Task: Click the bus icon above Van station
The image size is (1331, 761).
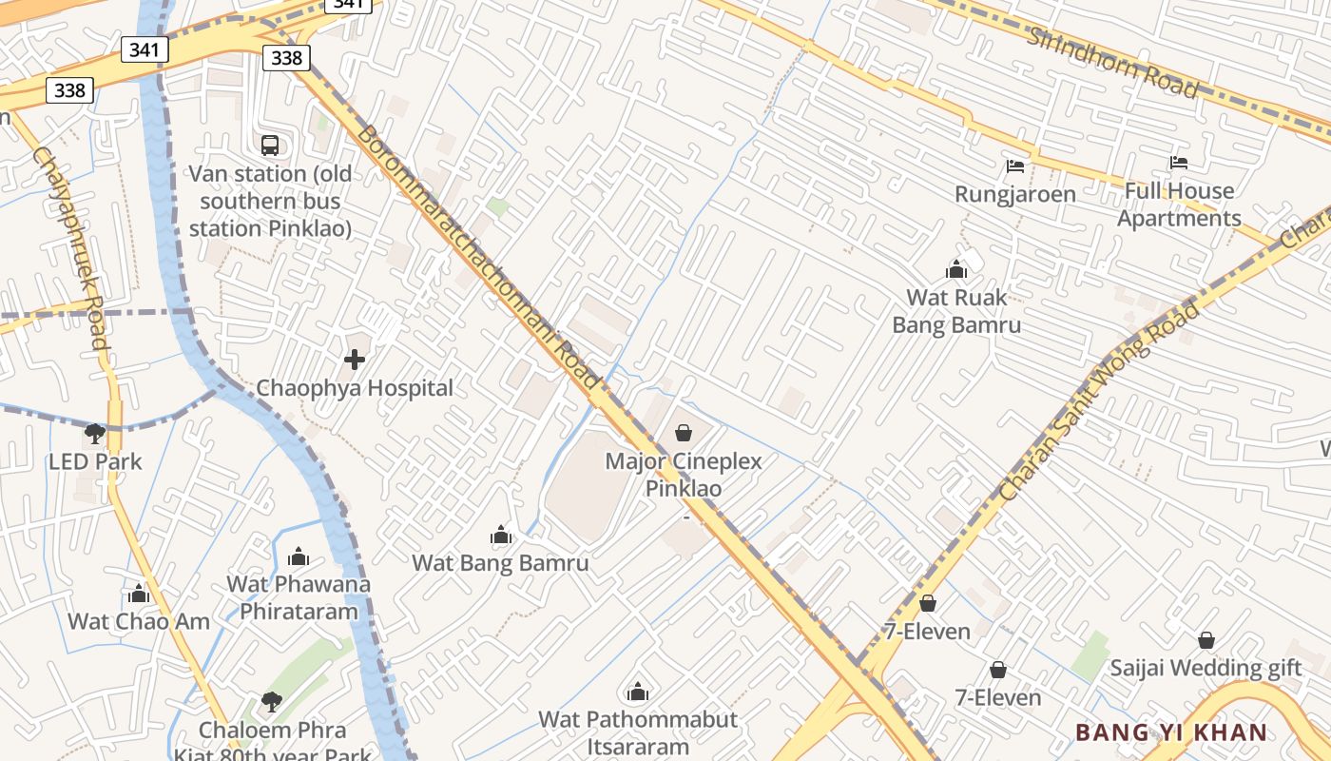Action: click(270, 146)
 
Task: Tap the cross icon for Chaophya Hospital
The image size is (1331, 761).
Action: click(355, 360)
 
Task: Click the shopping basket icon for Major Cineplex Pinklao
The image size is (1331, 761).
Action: click(684, 434)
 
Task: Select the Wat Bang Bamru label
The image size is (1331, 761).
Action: click(500, 562)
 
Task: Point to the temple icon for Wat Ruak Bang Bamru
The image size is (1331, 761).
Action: click(956, 270)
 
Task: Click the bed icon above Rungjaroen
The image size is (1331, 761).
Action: click(1015, 166)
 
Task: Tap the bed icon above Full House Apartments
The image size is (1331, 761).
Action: click(1179, 163)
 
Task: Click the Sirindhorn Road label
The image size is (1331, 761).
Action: click(1111, 62)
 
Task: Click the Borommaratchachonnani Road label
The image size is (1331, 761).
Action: click(479, 258)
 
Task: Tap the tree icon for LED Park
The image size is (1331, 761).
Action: click(94, 435)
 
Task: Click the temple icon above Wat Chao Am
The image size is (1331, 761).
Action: click(139, 595)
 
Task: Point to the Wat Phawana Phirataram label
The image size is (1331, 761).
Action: click(299, 596)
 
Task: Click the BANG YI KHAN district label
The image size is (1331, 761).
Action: click(1171, 732)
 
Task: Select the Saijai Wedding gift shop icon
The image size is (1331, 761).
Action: click(1206, 640)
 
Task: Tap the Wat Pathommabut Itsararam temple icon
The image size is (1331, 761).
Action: click(638, 692)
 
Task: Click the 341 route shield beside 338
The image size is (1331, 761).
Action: click(145, 49)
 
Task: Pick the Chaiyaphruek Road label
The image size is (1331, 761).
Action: click(71, 247)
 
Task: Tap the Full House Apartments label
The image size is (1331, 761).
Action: click(1179, 205)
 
